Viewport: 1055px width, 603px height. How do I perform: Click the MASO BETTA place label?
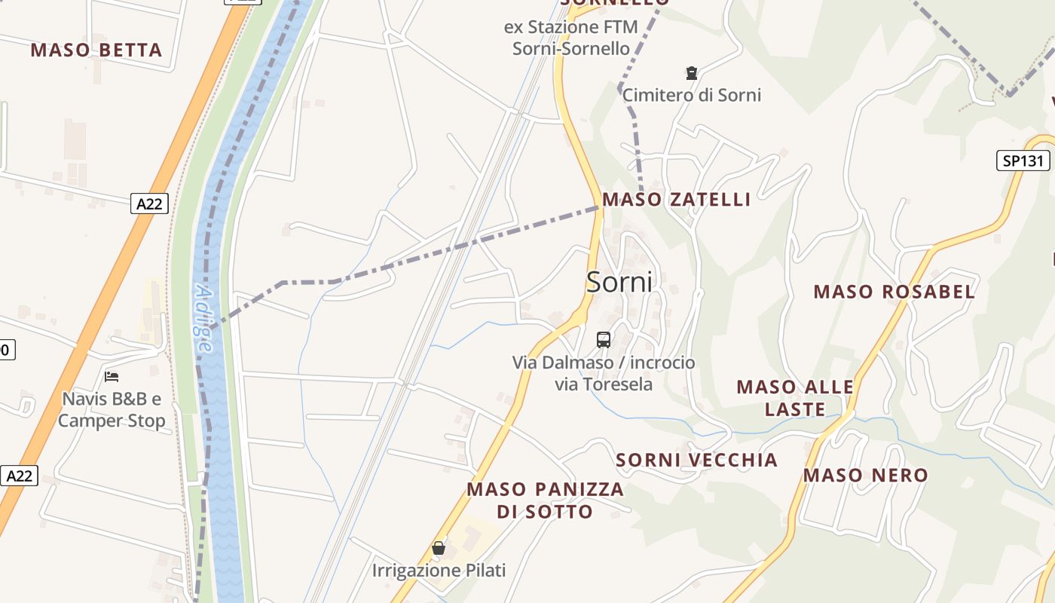tap(96, 51)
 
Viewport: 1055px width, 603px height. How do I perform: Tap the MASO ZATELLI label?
tap(677, 200)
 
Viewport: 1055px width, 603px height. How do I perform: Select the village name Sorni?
tap(619, 282)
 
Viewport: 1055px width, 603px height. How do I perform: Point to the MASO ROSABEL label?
tap(894, 292)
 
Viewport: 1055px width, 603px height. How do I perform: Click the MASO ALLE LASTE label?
tap(795, 398)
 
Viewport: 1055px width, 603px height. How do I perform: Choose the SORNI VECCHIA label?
tap(696, 460)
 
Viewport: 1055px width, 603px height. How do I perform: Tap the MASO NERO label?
tap(865, 476)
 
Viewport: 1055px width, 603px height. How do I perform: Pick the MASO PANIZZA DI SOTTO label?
tap(545, 500)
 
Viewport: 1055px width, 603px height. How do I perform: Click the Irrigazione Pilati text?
tap(439, 571)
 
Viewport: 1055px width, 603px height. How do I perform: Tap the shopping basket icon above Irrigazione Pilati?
tap(439, 548)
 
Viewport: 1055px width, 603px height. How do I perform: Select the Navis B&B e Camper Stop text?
tap(112, 409)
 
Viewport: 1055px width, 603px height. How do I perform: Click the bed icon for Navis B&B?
tap(112, 377)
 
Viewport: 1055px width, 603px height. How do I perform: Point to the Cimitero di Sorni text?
tap(691, 95)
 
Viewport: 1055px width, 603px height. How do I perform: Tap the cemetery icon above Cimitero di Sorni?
tap(691, 73)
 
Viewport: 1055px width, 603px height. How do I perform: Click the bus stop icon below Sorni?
tap(604, 340)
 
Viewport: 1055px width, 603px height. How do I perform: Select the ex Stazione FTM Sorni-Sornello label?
tap(570, 38)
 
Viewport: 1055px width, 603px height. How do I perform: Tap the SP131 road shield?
tap(1023, 161)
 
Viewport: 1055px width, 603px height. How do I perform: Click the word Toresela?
tap(616, 384)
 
